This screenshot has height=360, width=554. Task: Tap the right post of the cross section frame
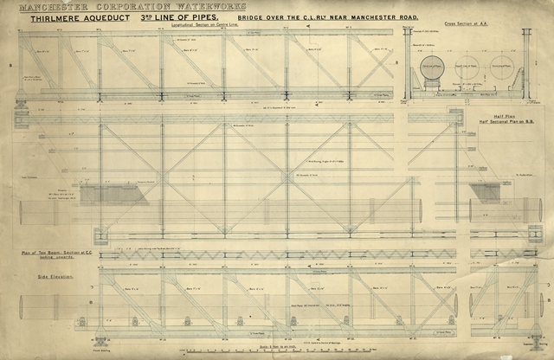click(525, 65)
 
